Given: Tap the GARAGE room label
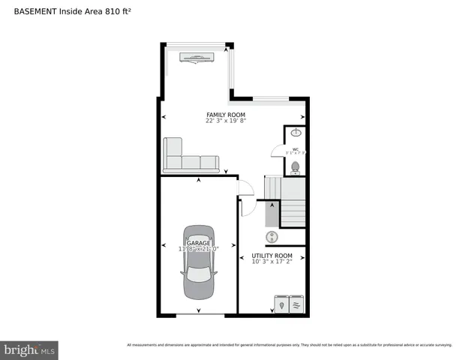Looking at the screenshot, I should (x=198, y=242).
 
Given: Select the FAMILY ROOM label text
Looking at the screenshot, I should (x=226, y=115).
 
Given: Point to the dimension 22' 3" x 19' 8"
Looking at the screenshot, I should (x=226, y=121).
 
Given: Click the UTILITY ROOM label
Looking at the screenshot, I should (x=272, y=256).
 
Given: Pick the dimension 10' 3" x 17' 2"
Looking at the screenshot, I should (x=272, y=262).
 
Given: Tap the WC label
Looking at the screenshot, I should (x=295, y=148).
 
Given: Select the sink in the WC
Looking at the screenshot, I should (x=296, y=133).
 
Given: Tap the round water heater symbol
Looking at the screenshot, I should (x=274, y=237).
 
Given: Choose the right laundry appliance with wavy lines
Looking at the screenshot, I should (x=296, y=304).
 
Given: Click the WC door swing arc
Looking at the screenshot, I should (x=278, y=150).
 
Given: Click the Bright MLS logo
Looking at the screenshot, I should (x=29, y=349).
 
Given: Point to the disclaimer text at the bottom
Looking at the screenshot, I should (x=289, y=345).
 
